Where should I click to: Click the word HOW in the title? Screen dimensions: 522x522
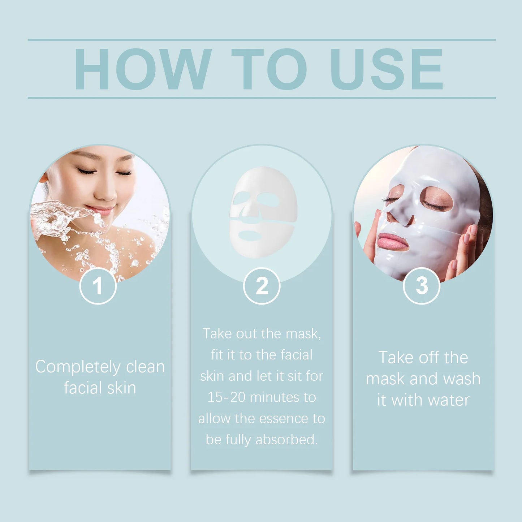(x=142, y=69)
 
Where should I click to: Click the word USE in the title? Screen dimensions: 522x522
(x=387, y=69)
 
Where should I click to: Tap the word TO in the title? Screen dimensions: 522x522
(x=269, y=69)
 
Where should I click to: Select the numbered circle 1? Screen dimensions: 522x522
(x=98, y=286)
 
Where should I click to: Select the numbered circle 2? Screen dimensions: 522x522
(x=262, y=286)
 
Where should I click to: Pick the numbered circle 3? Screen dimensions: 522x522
(x=422, y=286)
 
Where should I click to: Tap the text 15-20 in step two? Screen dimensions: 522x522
(x=226, y=398)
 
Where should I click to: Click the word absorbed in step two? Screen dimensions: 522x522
(x=286, y=440)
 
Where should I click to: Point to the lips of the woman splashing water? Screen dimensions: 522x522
(x=100, y=210)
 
